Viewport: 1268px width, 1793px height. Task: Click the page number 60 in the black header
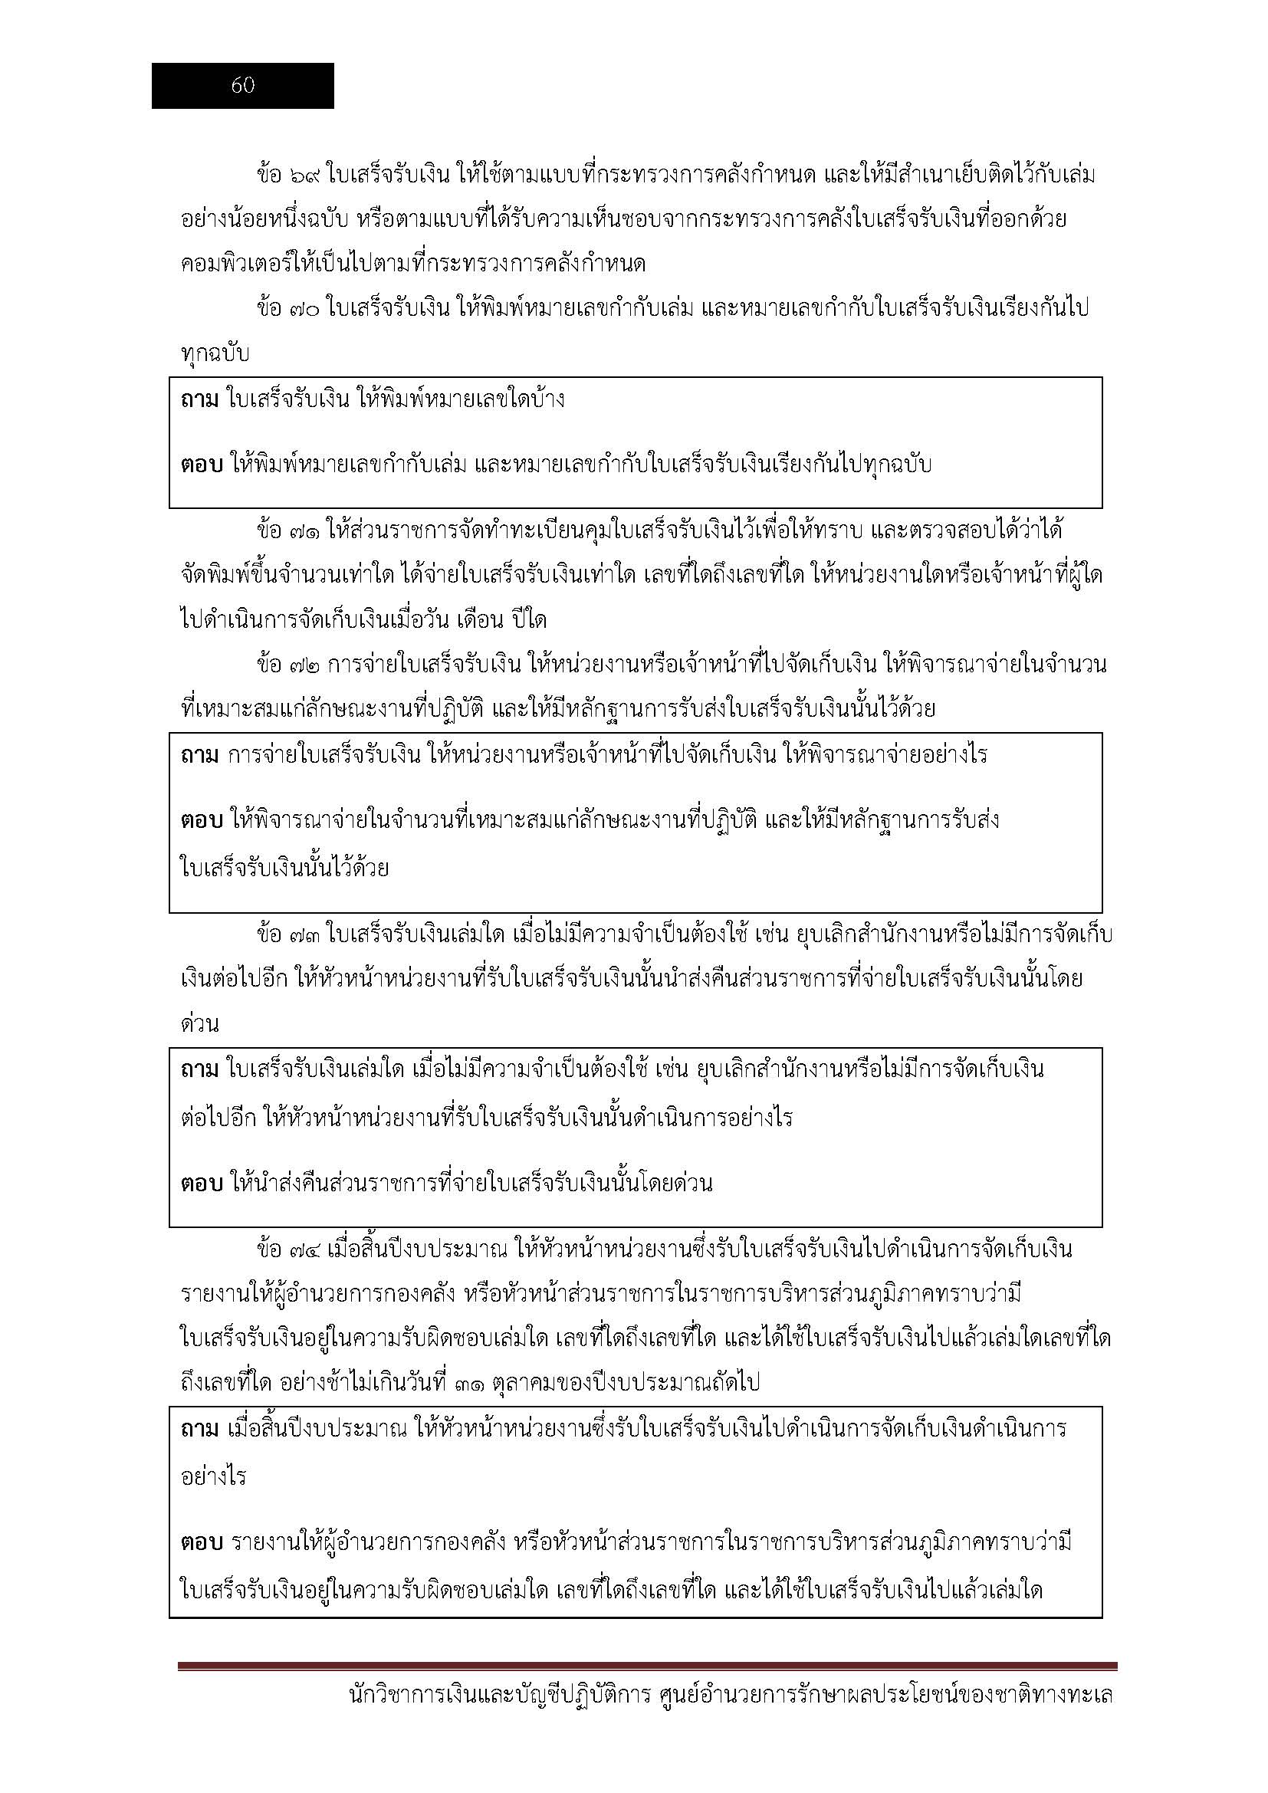pyautogui.click(x=243, y=86)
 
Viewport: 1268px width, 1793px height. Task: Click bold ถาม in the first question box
pyautogui.click(x=199, y=401)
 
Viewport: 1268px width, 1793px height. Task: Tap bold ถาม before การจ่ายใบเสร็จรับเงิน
pyautogui.click(x=199, y=755)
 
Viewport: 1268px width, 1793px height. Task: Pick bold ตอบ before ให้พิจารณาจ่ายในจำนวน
pyautogui.click(x=202, y=821)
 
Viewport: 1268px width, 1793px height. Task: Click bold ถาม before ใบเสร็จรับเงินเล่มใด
pyautogui.click(x=199, y=1069)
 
